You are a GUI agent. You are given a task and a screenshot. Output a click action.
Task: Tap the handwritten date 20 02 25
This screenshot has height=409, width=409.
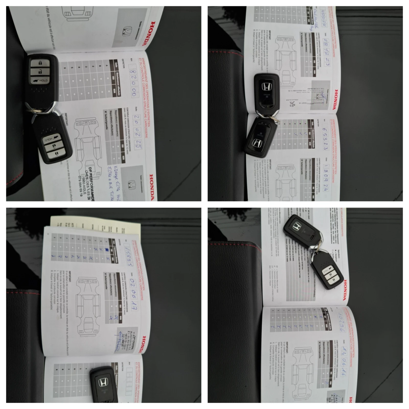[x=137, y=132]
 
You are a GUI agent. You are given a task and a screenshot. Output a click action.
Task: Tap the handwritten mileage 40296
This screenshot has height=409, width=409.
[x=340, y=322]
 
